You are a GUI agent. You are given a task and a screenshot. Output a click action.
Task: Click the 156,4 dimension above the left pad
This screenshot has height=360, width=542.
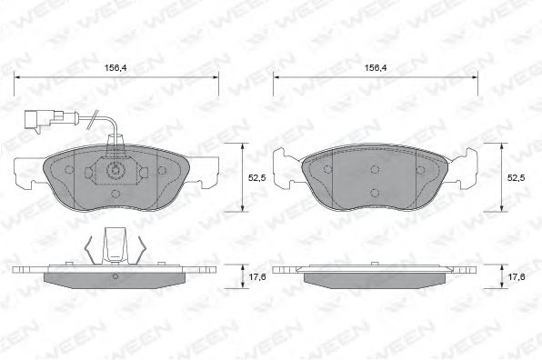pyautogui.click(x=115, y=67)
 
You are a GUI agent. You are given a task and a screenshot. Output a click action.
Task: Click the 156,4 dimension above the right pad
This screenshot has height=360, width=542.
pyautogui.click(x=376, y=67)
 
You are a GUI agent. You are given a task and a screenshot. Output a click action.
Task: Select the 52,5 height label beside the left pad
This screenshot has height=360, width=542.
pyautogui.click(x=256, y=177)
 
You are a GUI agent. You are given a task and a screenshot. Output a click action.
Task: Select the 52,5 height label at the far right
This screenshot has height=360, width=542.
pyautogui.click(x=516, y=177)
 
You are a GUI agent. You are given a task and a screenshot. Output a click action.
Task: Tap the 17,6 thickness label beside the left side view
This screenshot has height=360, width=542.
pyautogui.click(x=257, y=276)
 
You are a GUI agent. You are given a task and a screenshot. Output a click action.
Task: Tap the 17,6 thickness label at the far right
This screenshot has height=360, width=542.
pyautogui.click(x=517, y=276)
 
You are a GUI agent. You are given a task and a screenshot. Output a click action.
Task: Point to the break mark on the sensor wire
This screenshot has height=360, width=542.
pyautogui.click(x=92, y=119)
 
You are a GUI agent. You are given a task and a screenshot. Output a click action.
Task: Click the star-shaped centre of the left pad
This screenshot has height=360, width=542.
pyautogui.click(x=115, y=170)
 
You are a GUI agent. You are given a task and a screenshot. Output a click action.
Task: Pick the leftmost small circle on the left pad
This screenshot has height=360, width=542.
pyautogui.click(x=69, y=170)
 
